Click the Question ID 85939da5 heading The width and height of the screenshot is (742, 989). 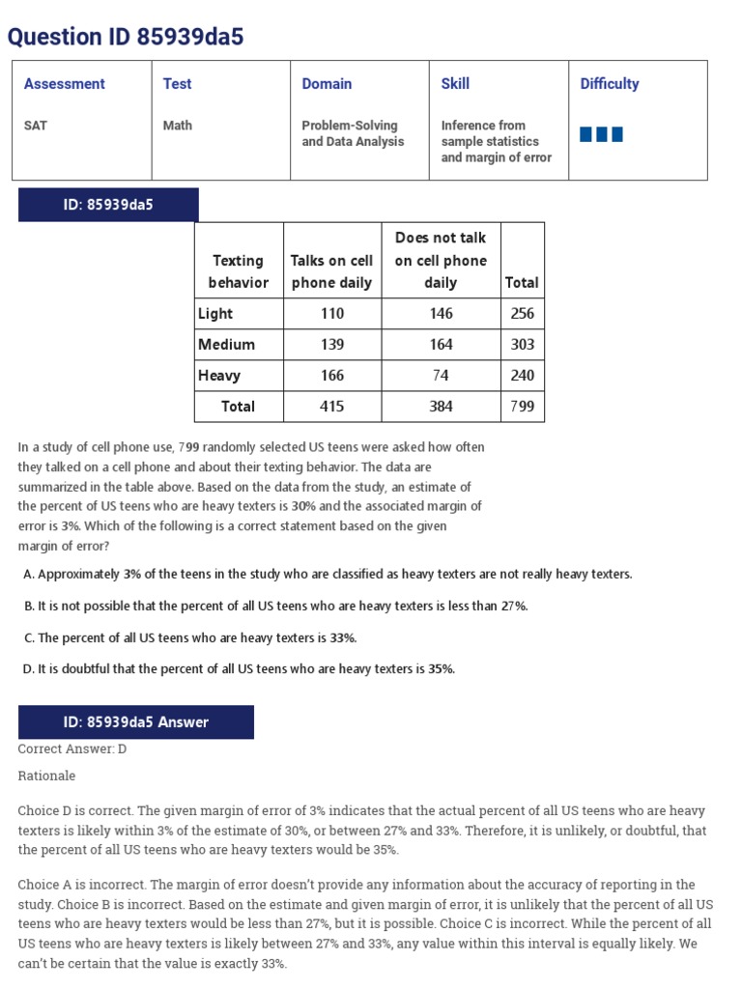pyautogui.click(x=126, y=37)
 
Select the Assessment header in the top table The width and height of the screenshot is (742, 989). pyautogui.click(x=64, y=84)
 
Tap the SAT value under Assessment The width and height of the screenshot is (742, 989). pyautogui.click(x=36, y=126)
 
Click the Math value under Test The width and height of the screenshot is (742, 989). pyautogui.click(x=178, y=126)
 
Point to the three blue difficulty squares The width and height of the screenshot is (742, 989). pyautogui.click(x=601, y=134)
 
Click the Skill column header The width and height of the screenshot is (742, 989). pyautogui.click(x=455, y=84)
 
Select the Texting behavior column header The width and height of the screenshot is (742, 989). pyautogui.click(x=238, y=271)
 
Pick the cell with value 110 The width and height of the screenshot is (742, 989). pyautogui.click(x=331, y=314)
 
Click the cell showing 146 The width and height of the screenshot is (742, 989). pyautogui.click(x=441, y=314)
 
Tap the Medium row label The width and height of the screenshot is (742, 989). pyautogui.click(x=226, y=345)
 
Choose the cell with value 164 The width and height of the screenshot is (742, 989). pyautogui.click(x=441, y=345)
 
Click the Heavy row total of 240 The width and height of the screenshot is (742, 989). pyautogui.click(x=522, y=376)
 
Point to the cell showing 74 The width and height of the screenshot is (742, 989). pyautogui.click(x=441, y=376)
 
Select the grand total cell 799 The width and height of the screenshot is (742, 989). pyautogui.click(x=522, y=407)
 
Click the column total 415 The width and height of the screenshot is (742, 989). pyautogui.click(x=331, y=407)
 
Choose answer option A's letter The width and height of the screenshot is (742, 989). pyautogui.click(x=28, y=575)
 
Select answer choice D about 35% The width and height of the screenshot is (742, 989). pyautogui.click(x=239, y=668)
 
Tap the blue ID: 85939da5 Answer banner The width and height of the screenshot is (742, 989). pyautogui.click(x=136, y=722)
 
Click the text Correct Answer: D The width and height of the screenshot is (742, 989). pyautogui.click(x=72, y=749)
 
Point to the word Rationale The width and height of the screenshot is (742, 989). pyautogui.click(x=46, y=776)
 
